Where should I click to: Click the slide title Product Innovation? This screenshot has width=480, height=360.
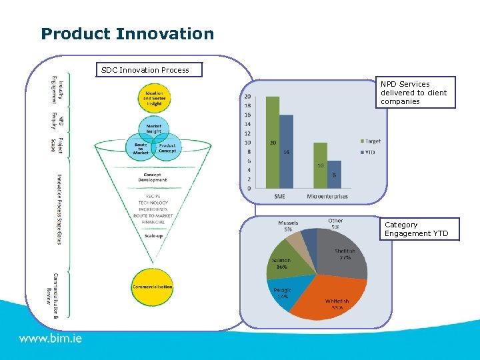pyautogui.click(x=127, y=34)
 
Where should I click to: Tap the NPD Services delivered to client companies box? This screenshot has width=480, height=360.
pyautogui.click(x=413, y=93)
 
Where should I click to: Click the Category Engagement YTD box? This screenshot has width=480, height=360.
pyautogui.click(x=420, y=229)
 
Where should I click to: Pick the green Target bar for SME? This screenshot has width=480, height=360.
pyautogui.click(x=272, y=143)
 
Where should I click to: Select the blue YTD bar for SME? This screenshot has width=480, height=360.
pyautogui.click(x=286, y=153)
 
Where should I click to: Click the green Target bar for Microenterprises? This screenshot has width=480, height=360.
pyautogui.click(x=321, y=165)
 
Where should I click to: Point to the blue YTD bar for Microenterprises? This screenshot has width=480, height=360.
pyautogui.click(x=334, y=175)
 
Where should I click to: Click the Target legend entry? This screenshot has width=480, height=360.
pyautogui.click(x=371, y=141)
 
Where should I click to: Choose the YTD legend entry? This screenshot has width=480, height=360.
pyautogui.click(x=370, y=152)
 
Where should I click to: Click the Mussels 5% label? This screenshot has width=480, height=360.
pyautogui.click(x=288, y=225)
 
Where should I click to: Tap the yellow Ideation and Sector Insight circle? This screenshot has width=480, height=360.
pyautogui.click(x=153, y=97)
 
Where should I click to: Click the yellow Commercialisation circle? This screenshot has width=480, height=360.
pyautogui.click(x=153, y=287)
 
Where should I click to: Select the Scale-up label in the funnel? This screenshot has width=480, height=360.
pyautogui.click(x=153, y=235)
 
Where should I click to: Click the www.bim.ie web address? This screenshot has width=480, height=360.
pyautogui.click(x=51, y=339)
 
